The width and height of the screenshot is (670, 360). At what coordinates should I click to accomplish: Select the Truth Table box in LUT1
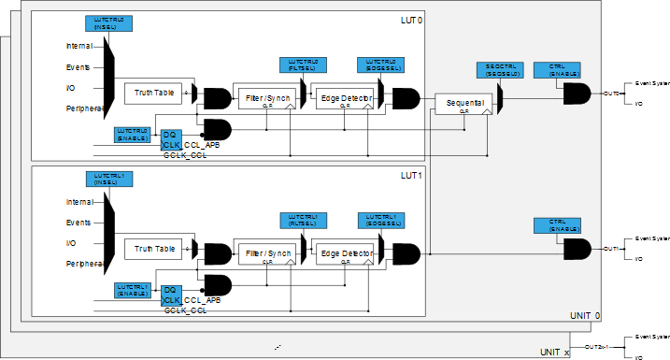point(155,249)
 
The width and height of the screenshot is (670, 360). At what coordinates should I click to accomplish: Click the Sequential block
point(463,102)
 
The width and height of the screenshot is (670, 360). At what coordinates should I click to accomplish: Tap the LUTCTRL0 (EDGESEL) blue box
point(377,65)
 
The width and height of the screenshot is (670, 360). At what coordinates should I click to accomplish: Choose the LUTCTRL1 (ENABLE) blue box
point(134,290)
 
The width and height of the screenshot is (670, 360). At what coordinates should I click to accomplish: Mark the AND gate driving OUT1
point(576,249)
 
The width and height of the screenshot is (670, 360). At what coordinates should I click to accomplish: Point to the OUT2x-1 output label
point(597,347)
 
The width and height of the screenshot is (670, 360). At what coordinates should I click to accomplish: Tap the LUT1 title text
point(412,175)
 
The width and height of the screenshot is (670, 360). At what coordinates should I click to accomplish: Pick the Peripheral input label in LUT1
point(84,265)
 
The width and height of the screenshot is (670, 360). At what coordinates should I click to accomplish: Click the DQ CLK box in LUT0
point(170,140)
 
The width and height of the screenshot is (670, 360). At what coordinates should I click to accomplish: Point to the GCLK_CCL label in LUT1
point(186,309)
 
